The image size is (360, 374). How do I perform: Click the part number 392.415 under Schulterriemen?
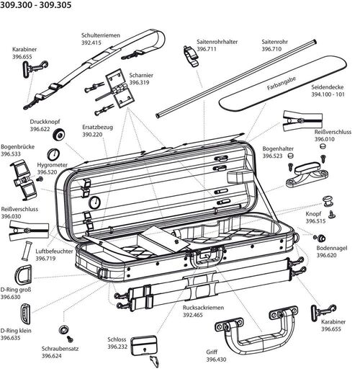(91, 43)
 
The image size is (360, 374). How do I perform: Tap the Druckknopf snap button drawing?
(59, 135)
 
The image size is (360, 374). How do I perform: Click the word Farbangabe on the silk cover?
(282, 84)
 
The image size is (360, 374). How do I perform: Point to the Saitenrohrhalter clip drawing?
(192, 56)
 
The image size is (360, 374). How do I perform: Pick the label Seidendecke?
(328, 87)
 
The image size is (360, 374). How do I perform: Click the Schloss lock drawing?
(144, 346)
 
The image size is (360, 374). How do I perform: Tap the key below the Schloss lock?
(154, 362)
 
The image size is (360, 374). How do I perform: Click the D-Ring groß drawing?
(23, 275)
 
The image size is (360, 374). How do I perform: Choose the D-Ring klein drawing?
(25, 314)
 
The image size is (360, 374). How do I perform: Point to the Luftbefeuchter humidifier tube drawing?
(27, 251)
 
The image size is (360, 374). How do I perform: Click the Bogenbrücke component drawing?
(23, 179)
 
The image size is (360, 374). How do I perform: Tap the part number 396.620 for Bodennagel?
(326, 255)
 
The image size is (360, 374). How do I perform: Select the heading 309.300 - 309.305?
(36, 5)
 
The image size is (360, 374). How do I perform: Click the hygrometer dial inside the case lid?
(94, 202)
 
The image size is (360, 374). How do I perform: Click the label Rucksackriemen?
(203, 308)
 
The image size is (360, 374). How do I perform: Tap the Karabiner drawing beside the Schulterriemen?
(35, 68)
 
